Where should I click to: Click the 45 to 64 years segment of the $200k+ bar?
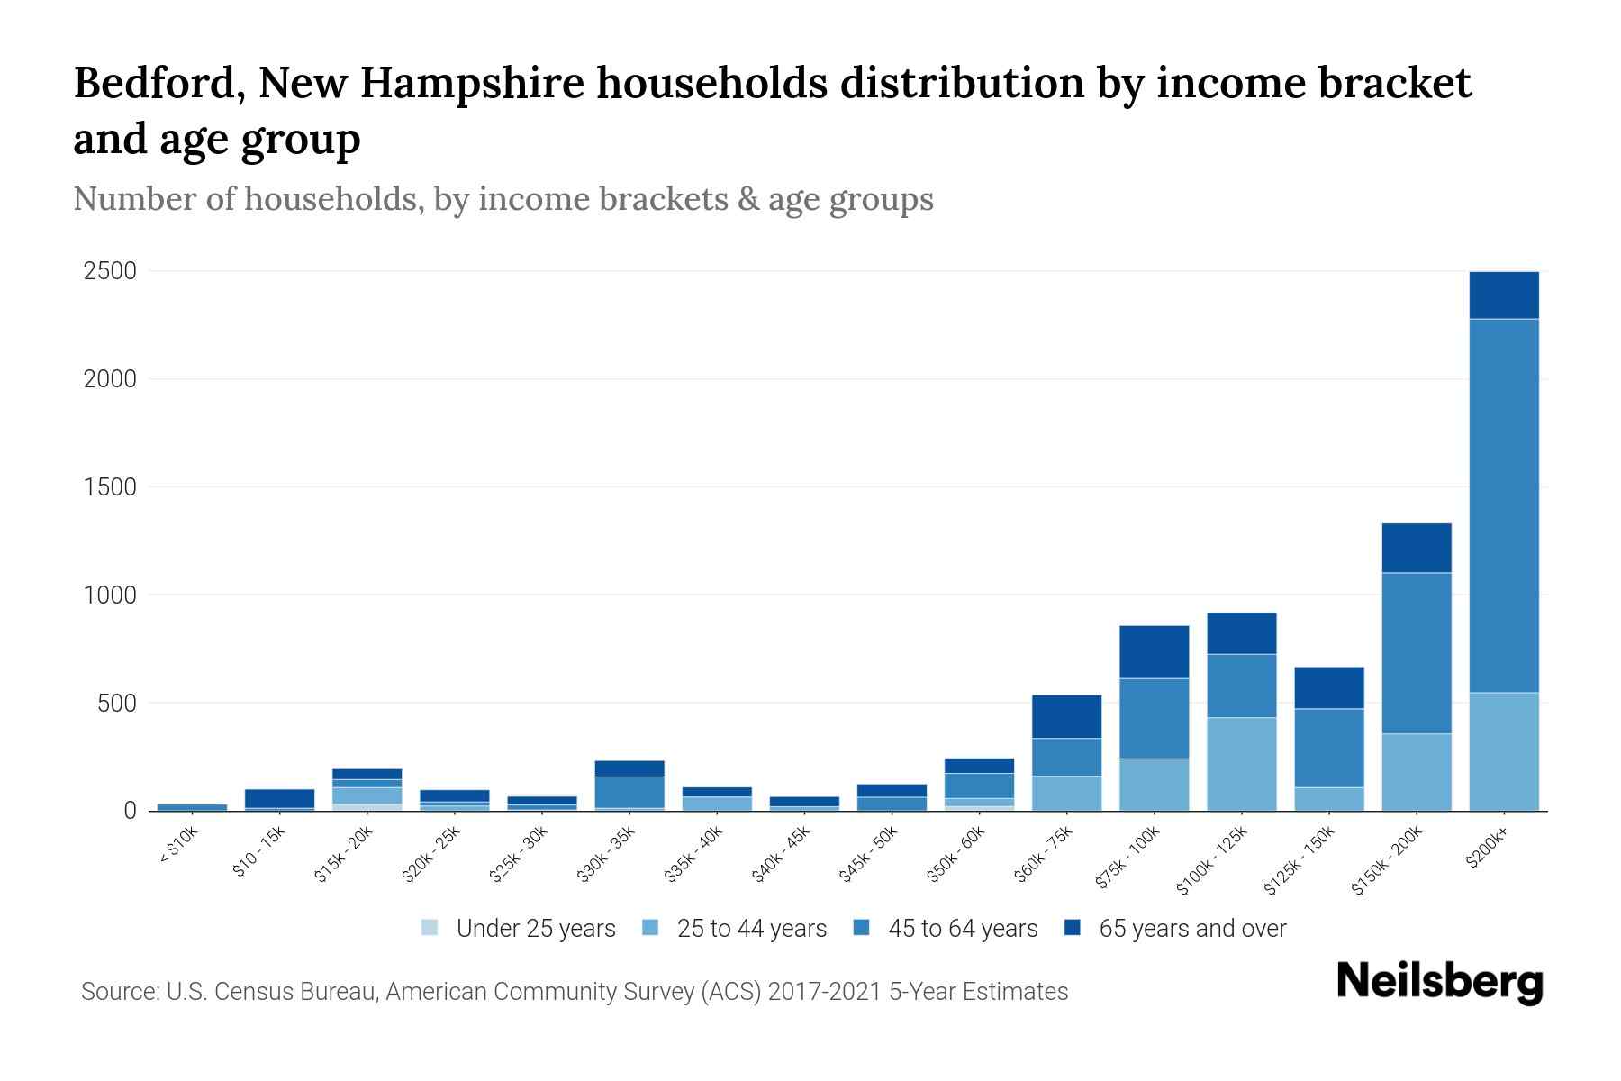1504,504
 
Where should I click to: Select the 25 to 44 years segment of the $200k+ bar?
1504,751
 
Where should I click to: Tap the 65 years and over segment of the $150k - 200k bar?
1417,548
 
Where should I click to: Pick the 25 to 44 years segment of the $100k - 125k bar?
1242,764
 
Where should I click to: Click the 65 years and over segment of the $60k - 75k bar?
1066,716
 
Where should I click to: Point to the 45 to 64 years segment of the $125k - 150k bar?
1329,748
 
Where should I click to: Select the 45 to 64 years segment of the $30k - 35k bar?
629,792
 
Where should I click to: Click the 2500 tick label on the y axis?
110,271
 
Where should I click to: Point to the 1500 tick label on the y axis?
110,487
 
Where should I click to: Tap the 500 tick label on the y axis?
117,703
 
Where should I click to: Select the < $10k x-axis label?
178,847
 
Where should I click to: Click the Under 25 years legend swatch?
430,928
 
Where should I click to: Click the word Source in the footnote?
117,992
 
